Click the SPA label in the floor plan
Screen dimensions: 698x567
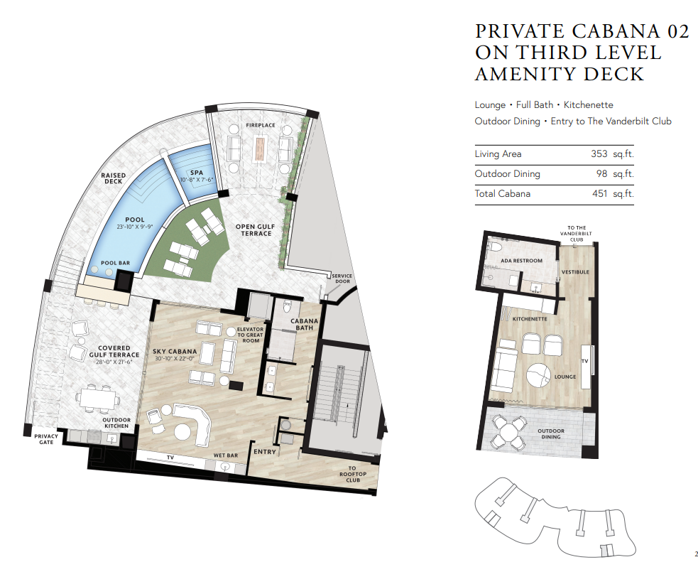(x=196, y=173)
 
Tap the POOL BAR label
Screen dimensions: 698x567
(x=115, y=263)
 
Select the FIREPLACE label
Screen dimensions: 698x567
(x=261, y=125)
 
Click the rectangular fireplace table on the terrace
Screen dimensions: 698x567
(x=260, y=148)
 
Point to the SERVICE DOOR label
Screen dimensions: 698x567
(x=342, y=279)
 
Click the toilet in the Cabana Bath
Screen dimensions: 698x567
(x=287, y=306)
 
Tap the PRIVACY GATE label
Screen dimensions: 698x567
(x=46, y=439)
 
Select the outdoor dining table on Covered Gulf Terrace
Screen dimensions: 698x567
(x=99, y=398)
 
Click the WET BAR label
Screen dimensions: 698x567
(x=226, y=455)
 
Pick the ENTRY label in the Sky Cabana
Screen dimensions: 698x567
(x=265, y=452)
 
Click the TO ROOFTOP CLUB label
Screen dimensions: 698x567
(x=353, y=474)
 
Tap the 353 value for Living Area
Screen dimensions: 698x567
(x=599, y=153)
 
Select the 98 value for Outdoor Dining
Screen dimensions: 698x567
(x=602, y=173)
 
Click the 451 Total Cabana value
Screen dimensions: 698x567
(x=599, y=193)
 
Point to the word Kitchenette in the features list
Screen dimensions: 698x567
(x=589, y=104)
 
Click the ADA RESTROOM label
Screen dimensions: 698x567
(x=522, y=261)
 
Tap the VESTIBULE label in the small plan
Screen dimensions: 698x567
(x=575, y=271)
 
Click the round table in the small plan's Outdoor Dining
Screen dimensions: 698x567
(x=508, y=431)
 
